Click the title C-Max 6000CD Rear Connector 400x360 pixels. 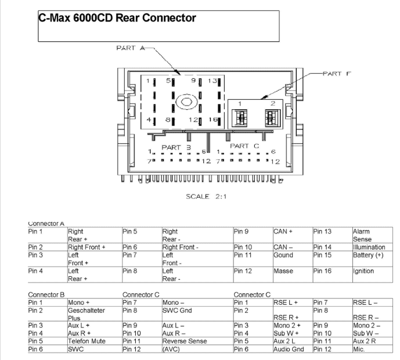pyautogui.click(x=117, y=18)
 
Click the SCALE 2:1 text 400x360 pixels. pyautogui.click(x=206, y=196)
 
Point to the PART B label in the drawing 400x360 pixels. pyautogui.click(x=176, y=147)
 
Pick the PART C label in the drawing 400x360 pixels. pyautogui.click(x=244, y=146)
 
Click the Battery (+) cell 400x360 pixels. pyautogui.click(x=367, y=255)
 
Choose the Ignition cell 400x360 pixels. pyautogui.click(x=363, y=271)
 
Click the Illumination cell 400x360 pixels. pyautogui.click(x=369, y=247)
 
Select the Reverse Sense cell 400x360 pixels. pyautogui.click(x=185, y=341)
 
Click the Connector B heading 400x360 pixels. pyautogui.click(x=46, y=294)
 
